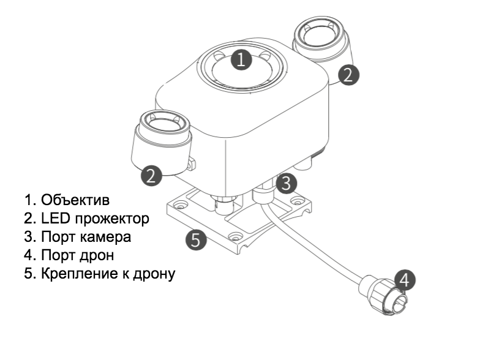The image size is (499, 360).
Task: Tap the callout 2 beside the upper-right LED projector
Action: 348,75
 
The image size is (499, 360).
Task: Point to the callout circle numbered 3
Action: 286,182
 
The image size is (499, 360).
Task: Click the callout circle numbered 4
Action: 403,279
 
